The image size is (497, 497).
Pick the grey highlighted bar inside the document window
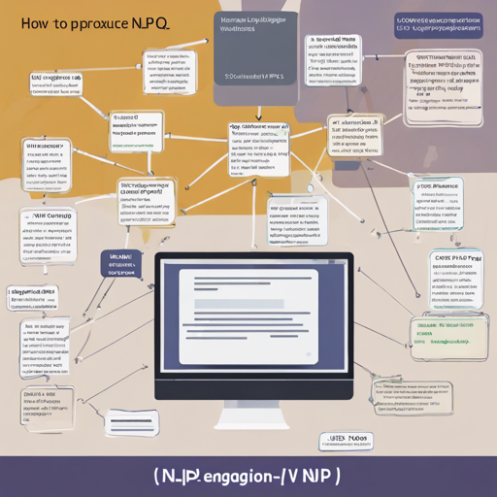click(x=239, y=304)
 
